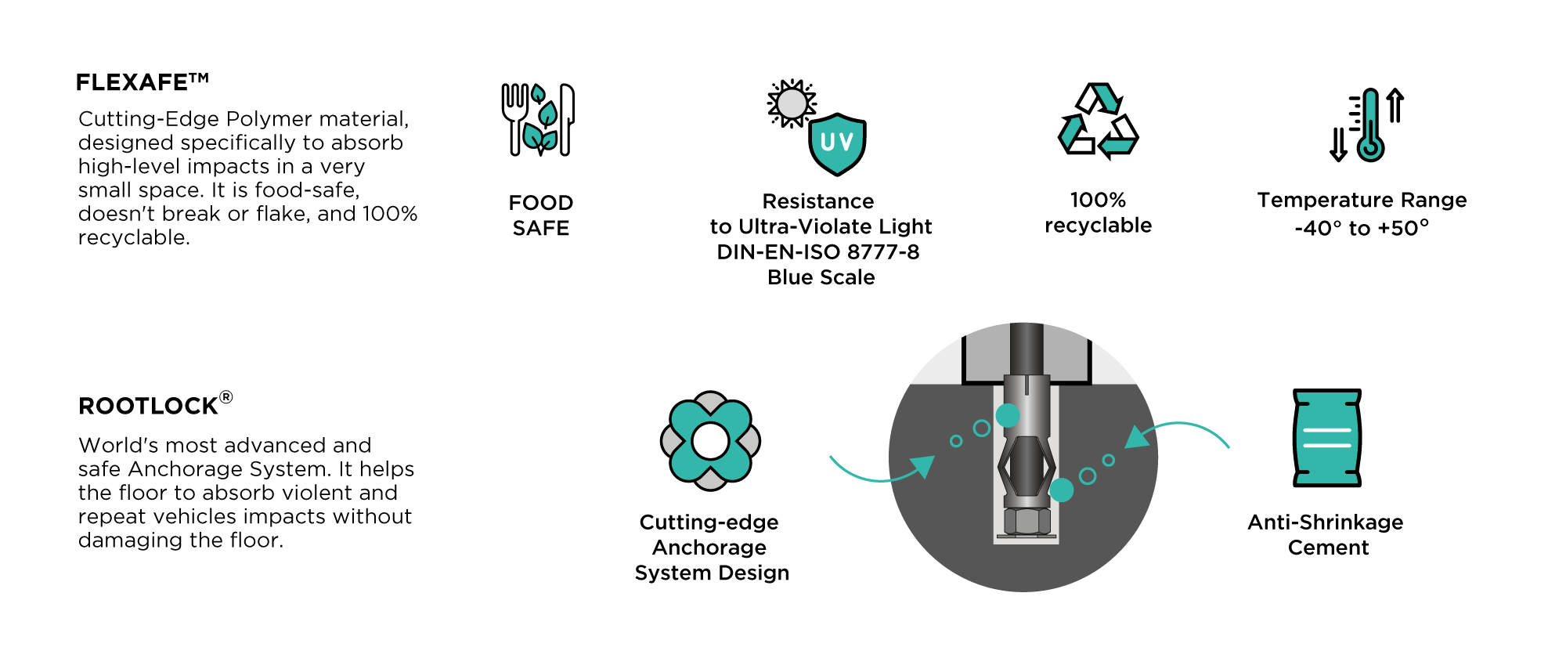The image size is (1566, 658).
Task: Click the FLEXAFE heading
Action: (143, 82)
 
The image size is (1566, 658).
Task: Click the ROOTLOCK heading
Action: (156, 404)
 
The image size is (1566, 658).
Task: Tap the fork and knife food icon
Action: (538, 120)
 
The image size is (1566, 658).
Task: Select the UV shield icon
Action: (837, 144)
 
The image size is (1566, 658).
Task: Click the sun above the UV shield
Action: (792, 103)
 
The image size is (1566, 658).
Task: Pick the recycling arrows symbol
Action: (1098, 121)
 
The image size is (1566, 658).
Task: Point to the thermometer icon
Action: (1369, 125)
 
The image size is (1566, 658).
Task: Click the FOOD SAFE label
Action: (541, 215)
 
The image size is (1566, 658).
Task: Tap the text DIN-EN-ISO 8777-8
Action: (818, 252)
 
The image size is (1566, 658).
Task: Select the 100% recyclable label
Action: (1099, 212)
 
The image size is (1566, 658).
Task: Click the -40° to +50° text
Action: (1362, 228)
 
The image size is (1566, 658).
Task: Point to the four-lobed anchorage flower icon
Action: (710, 441)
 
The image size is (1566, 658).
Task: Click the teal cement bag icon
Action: (1327, 438)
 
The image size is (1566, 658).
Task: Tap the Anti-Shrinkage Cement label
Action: (1326, 535)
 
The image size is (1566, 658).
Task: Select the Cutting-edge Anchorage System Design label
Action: (712, 548)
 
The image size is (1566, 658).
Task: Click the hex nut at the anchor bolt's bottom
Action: (1027, 520)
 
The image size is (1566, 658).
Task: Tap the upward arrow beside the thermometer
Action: (1395, 105)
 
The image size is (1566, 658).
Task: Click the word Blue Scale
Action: (821, 277)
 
